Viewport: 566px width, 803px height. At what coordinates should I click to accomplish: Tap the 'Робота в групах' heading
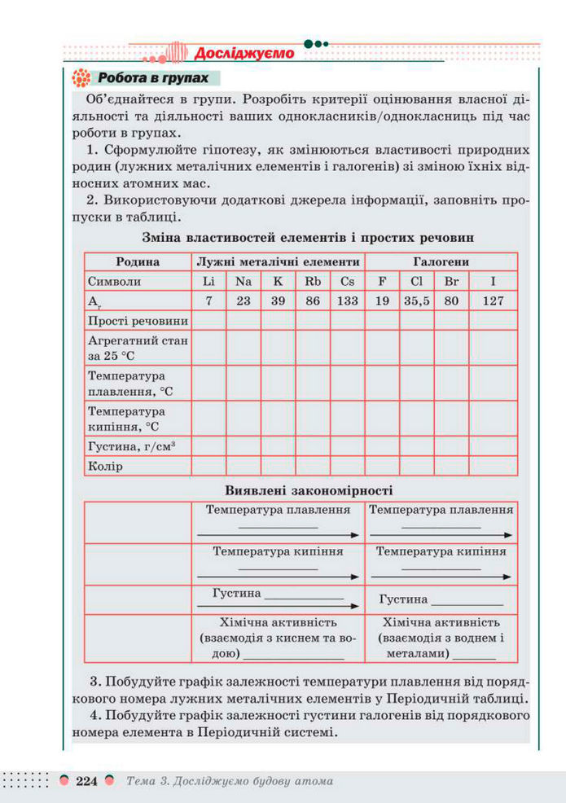pyautogui.click(x=152, y=78)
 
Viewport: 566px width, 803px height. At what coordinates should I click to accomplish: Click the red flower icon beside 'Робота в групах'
pyautogui.click(x=81, y=78)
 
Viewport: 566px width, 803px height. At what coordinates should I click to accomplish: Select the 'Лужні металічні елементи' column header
pyautogui.click(x=278, y=262)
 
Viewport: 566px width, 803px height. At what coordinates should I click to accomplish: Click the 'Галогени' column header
pyautogui.click(x=441, y=262)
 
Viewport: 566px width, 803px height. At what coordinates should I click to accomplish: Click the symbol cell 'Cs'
pyautogui.click(x=348, y=281)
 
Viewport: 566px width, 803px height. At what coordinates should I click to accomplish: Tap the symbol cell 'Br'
pyautogui.click(x=452, y=281)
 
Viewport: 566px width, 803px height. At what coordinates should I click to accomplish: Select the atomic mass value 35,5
pyautogui.click(x=416, y=301)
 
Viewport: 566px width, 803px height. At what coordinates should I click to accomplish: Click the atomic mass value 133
pyautogui.click(x=348, y=301)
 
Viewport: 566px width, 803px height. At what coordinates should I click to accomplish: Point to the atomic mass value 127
pyautogui.click(x=494, y=301)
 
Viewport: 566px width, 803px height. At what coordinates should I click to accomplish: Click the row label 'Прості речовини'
pyautogui.click(x=138, y=321)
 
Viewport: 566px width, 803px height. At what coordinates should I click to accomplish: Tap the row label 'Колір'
pyautogui.click(x=105, y=467)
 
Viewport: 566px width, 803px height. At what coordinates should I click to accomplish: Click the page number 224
pyautogui.click(x=86, y=781)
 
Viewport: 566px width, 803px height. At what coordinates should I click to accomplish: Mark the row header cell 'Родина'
pyautogui.click(x=138, y=262)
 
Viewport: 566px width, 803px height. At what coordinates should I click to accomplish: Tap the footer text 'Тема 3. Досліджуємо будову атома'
pyautogui.click(x=230, y=781)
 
